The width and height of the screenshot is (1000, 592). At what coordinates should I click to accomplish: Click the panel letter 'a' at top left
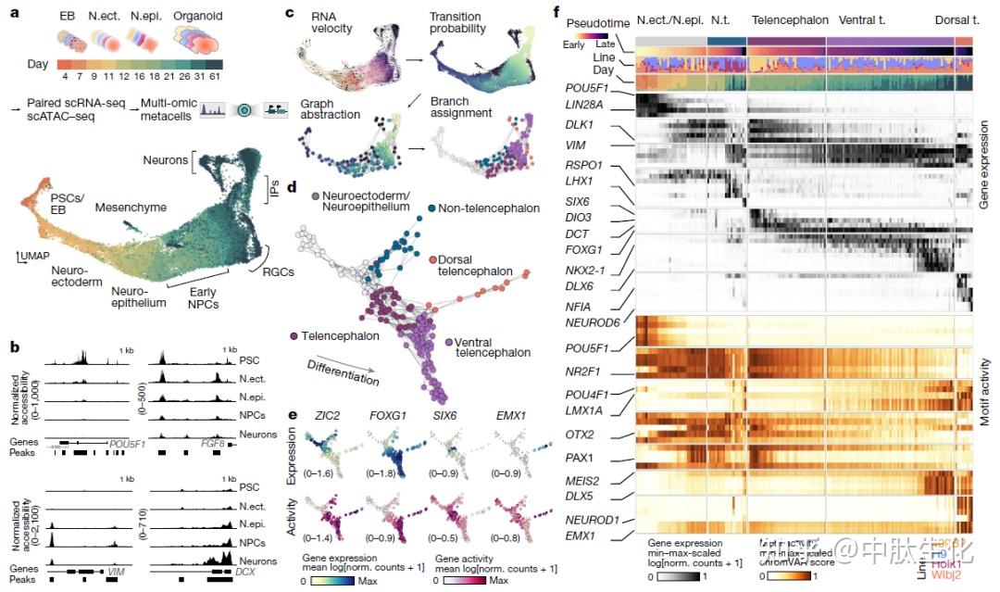(13, 14)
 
